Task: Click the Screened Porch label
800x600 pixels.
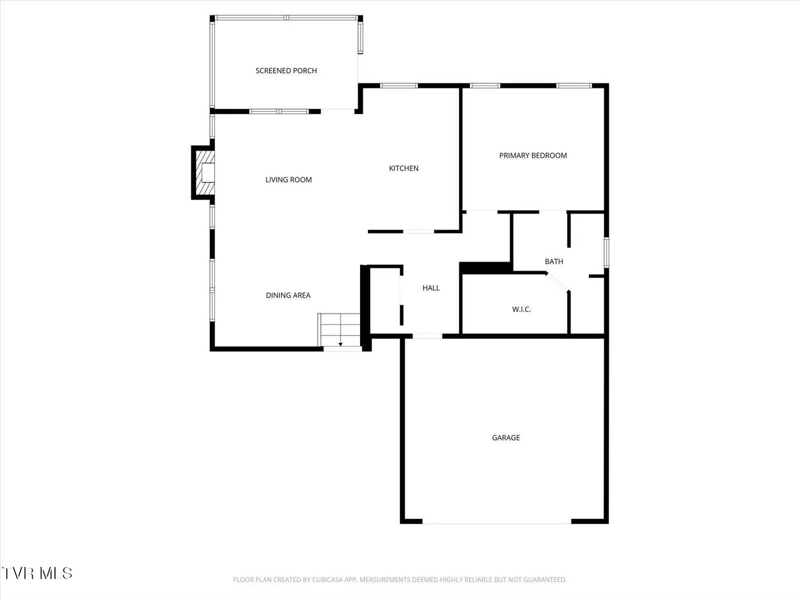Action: (x=286, y=71)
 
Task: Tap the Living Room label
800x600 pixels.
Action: (x=288, y=179)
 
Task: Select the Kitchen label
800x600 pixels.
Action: (x=403, y=168)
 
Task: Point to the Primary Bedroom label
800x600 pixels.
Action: (x=533, y=156)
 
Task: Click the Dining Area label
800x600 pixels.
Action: (x=288, y=296)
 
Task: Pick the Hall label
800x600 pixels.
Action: (x=431, y=288)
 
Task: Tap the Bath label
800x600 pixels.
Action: (x=554, y=262)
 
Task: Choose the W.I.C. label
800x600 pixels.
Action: (x=521, y=309)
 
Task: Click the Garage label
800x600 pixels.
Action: (x=506, y=438)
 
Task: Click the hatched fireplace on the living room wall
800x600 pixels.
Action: (x=204, y=173)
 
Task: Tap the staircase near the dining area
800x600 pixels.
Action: (x=339, y=330)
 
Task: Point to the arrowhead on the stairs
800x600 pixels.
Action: (x=341, y=344)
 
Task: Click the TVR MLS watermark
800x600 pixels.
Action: (x=37, y=573)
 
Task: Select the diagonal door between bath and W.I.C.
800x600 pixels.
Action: (x=557, y=282)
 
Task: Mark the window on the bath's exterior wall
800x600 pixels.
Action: (x=606, y=252)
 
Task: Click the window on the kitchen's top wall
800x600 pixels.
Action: (x=399, y=86)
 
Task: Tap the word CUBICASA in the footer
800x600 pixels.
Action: (x=328, y=579)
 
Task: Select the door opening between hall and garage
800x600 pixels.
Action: (x=427, y=336)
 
